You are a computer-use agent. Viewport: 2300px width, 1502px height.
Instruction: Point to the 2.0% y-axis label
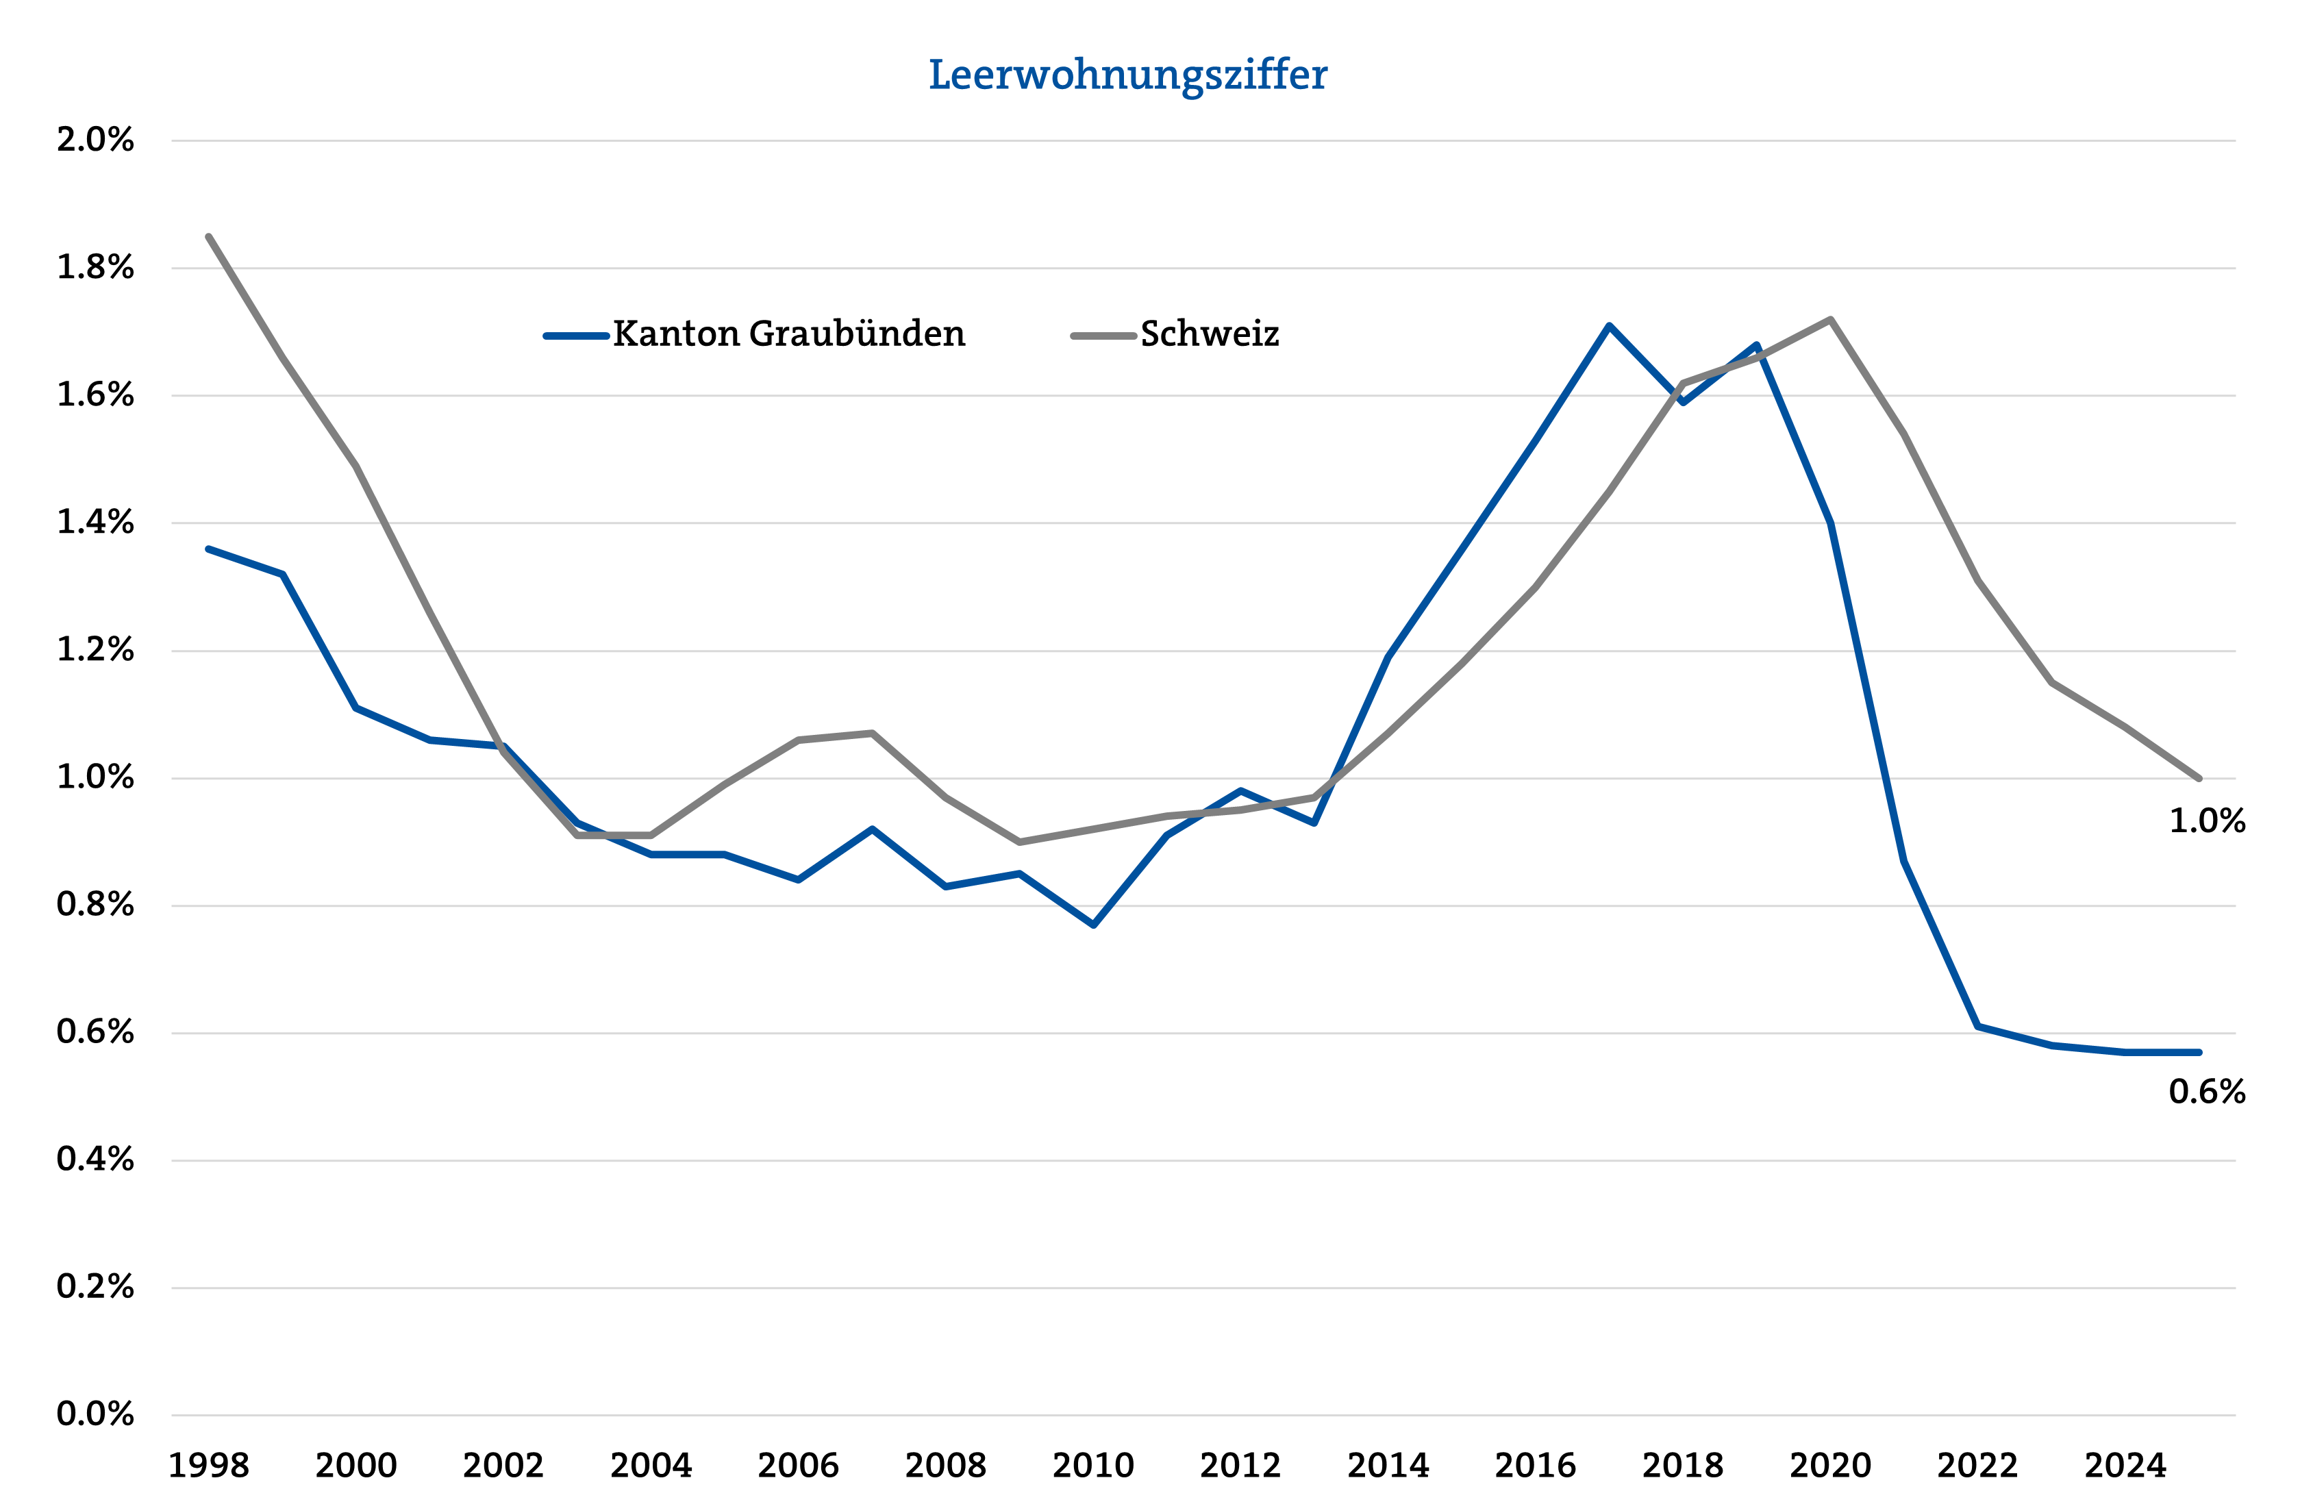[x=95, y=140]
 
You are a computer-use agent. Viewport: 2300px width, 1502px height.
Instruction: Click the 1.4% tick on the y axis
[x=95, y=523]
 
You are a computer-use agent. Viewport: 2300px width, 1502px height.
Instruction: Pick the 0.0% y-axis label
[x=95, y=1414]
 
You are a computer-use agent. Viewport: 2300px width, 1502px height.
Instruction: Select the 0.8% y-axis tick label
[x=95, y=905]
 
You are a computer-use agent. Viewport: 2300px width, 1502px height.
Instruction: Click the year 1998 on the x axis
[x=209, y=1465]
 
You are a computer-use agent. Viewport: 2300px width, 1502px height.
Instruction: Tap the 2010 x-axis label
[x=1093, y=1465]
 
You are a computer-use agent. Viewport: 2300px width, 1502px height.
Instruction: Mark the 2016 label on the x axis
[x=1535, y=1465]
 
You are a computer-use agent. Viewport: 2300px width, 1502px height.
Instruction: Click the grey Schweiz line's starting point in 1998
[x=209, y=237]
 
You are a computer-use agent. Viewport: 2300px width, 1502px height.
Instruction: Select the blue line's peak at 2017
[x=1609, y=326]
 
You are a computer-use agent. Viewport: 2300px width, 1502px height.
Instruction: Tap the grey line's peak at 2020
[x=1830, y=319]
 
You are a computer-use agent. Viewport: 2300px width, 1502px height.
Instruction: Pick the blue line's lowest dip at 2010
[x=1093, y=925]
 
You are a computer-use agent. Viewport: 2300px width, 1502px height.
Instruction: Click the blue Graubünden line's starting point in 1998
[x=209, y=549]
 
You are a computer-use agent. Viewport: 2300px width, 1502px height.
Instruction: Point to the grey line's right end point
[x=2199, y=778]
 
